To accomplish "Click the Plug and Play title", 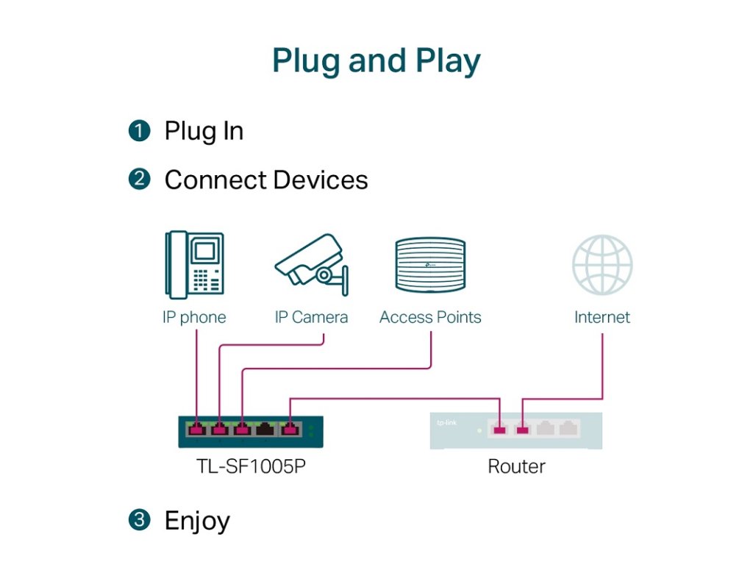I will (x=376, y=60).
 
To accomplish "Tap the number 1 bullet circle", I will (x=138, y=132).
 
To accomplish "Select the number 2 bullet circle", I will (x=138, y=180).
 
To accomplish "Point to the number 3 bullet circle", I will (x=138, y=520).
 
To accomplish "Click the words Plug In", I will (x=204, y=132).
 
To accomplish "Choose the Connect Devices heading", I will (x=265, y=180).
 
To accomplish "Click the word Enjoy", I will (x=197, y=521).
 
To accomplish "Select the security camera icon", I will (x=311, y=261).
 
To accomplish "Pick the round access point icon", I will (x=430, y=266).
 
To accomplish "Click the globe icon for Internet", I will (x=602, y=265).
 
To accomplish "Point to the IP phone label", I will (x=194, y=318).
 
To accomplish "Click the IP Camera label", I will (x=311, y=318).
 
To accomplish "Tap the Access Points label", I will (x=430, y=318).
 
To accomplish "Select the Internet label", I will (x=602, y=318).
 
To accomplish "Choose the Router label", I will (x=516, y=466).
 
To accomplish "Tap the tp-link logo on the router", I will (x=446, y=423).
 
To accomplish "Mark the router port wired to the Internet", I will (x=522, y=428).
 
